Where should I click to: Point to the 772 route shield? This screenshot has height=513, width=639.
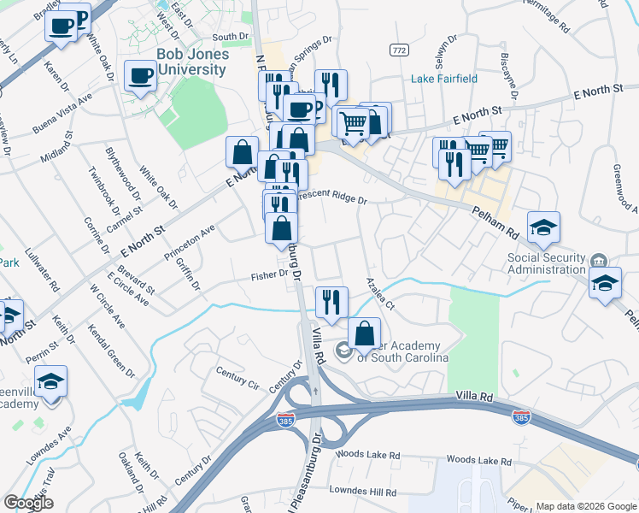tap(398, 50)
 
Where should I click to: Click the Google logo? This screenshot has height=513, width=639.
tap(29, 504)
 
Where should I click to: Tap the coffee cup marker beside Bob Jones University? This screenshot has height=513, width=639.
tap(140, 75)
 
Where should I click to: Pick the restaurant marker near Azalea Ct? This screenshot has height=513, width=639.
tap(331, 301)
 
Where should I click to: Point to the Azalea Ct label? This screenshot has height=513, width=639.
tap(379, 293)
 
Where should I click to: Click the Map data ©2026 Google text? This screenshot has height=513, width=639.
tap(585, 505)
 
